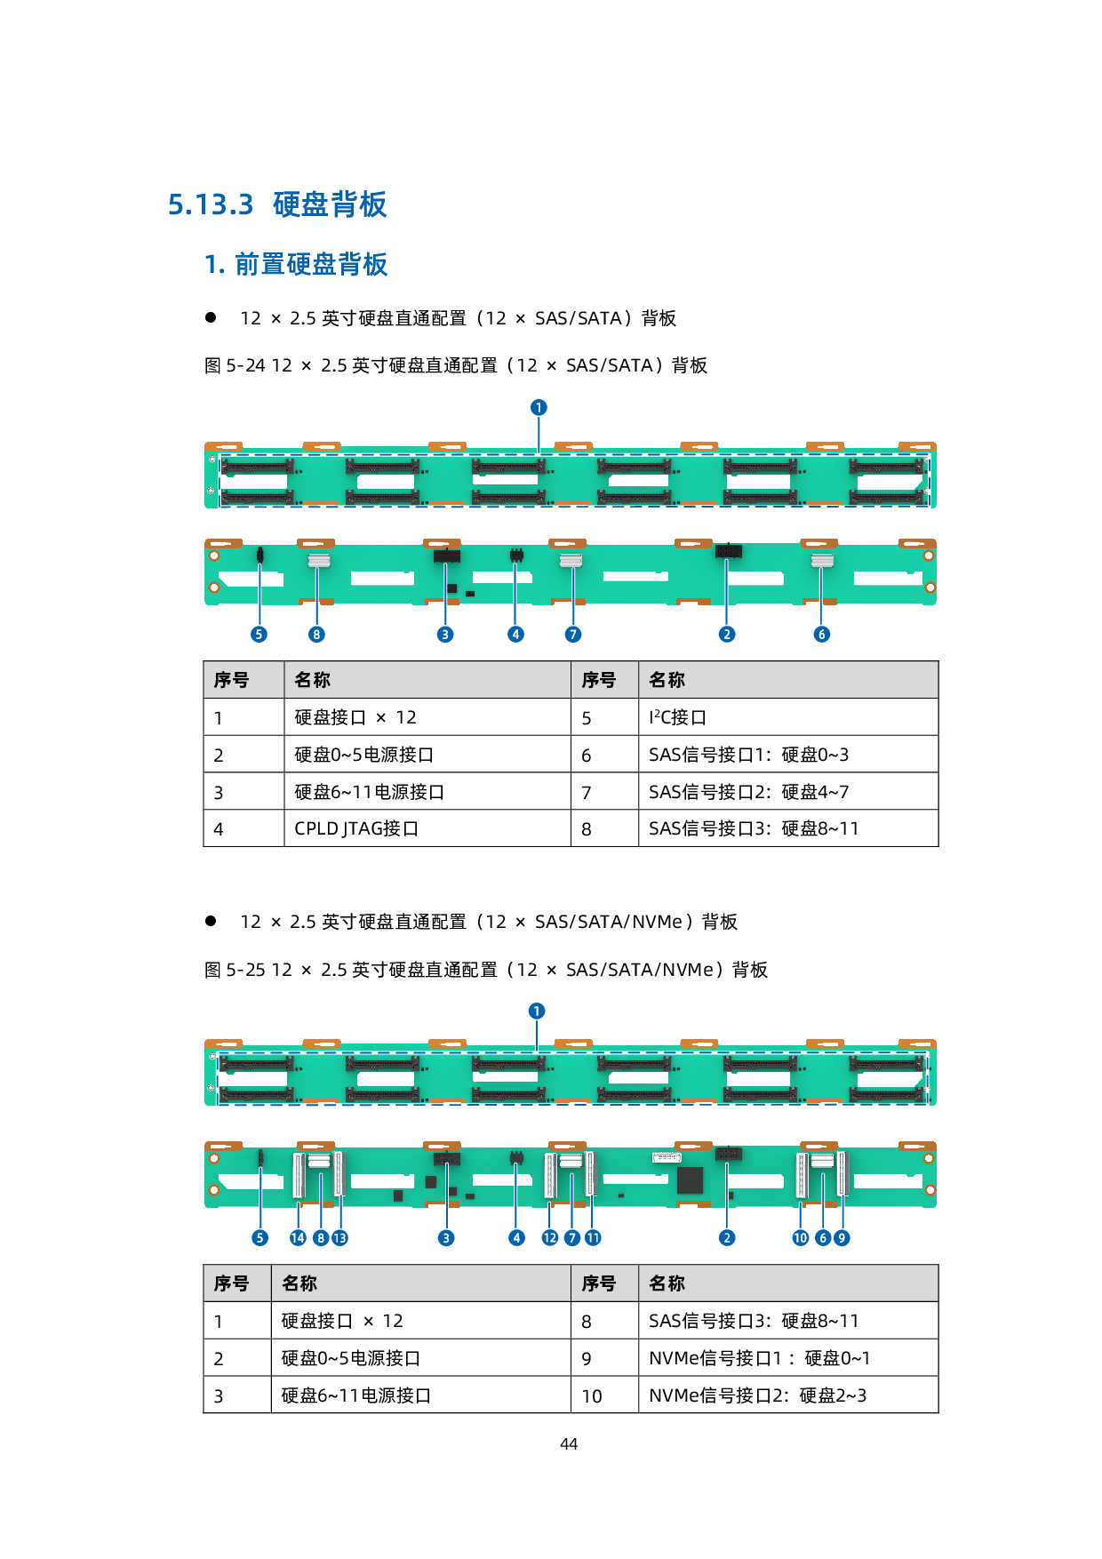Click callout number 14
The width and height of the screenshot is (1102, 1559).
point(298,1237)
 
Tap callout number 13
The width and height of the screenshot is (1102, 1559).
point(339,1237)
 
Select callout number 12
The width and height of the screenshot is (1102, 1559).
point(550,1237)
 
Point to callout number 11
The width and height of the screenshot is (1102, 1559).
point(593,1237)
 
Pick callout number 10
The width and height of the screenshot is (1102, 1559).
point(801,1237)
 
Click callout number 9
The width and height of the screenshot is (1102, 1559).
point(842,1237)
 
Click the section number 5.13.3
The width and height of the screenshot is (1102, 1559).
point(211,204)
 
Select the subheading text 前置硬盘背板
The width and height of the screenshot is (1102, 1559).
point(311,264)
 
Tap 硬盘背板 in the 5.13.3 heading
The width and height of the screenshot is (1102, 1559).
point(330,204)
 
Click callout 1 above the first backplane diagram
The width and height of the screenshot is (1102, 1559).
point(539,407)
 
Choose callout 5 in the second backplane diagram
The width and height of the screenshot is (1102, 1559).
point(260,1237)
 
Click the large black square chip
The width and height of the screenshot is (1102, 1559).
point(690,1180)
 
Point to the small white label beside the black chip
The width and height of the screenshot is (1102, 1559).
point(667,1157)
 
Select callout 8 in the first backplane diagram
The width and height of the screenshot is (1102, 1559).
point(316,634)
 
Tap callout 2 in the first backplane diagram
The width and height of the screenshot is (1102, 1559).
point(727,634)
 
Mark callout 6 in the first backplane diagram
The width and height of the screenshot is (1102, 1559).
point(822,634)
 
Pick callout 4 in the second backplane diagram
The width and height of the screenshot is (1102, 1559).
point(516,1237)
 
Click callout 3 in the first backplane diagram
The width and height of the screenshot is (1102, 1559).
point(445,634)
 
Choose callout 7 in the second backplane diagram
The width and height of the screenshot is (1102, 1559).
point(572,1237)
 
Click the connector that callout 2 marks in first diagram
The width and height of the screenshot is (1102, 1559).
point(729,552)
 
